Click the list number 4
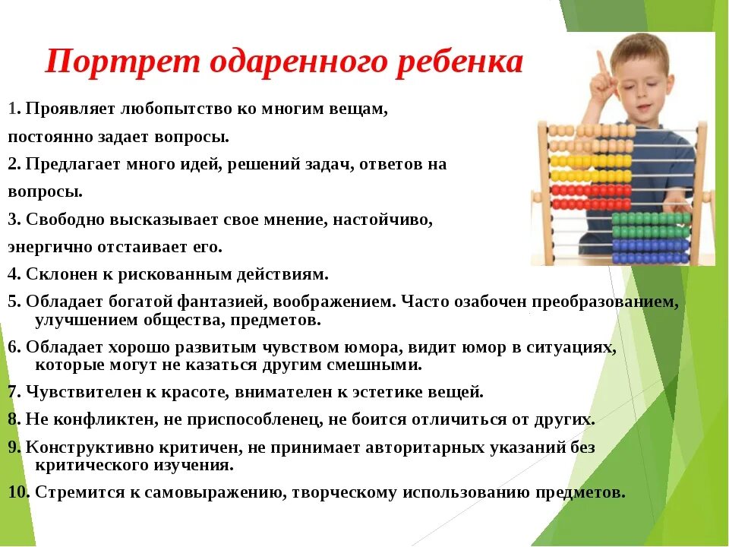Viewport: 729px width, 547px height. pyautogui.click(x=13, y=273)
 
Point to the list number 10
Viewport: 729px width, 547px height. pyautogui.click(x=17, y=492)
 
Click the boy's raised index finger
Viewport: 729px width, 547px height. pyautogui.click(x=601, y=61)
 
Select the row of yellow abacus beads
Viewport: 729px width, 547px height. pyautogui.click(x=591, y=161)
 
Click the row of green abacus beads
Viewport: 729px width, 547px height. pyautogui.click(x=651, y=219)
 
